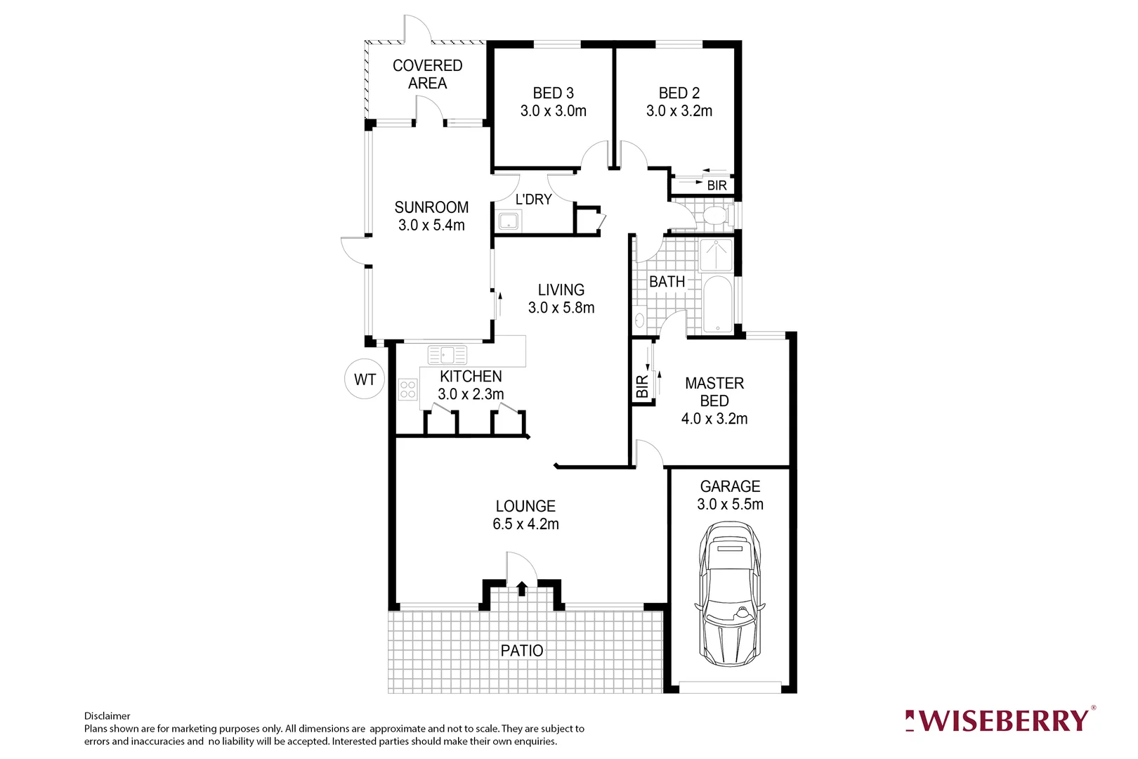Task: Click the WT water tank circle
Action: pos(365,379)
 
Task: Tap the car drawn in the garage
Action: pos(730,594)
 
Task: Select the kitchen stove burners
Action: pos(407,389)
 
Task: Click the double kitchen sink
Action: pos(447,355)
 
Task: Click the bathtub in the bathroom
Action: pos(717,304)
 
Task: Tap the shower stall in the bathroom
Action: pos(716,254)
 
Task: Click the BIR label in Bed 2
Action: pos(717,186)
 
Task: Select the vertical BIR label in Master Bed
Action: pos(642,387)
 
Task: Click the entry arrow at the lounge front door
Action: pos(522,588)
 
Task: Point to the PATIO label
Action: pos(522,651)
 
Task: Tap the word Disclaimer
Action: pos(107,716)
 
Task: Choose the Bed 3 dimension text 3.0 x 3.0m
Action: pos(554,111)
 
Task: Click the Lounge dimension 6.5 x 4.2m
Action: pos(525,524)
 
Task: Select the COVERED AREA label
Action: pos(427,74)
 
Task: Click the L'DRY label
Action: pos(534,200)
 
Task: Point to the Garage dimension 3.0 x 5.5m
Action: pos(730,505)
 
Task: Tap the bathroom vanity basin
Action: pos(639,321)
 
